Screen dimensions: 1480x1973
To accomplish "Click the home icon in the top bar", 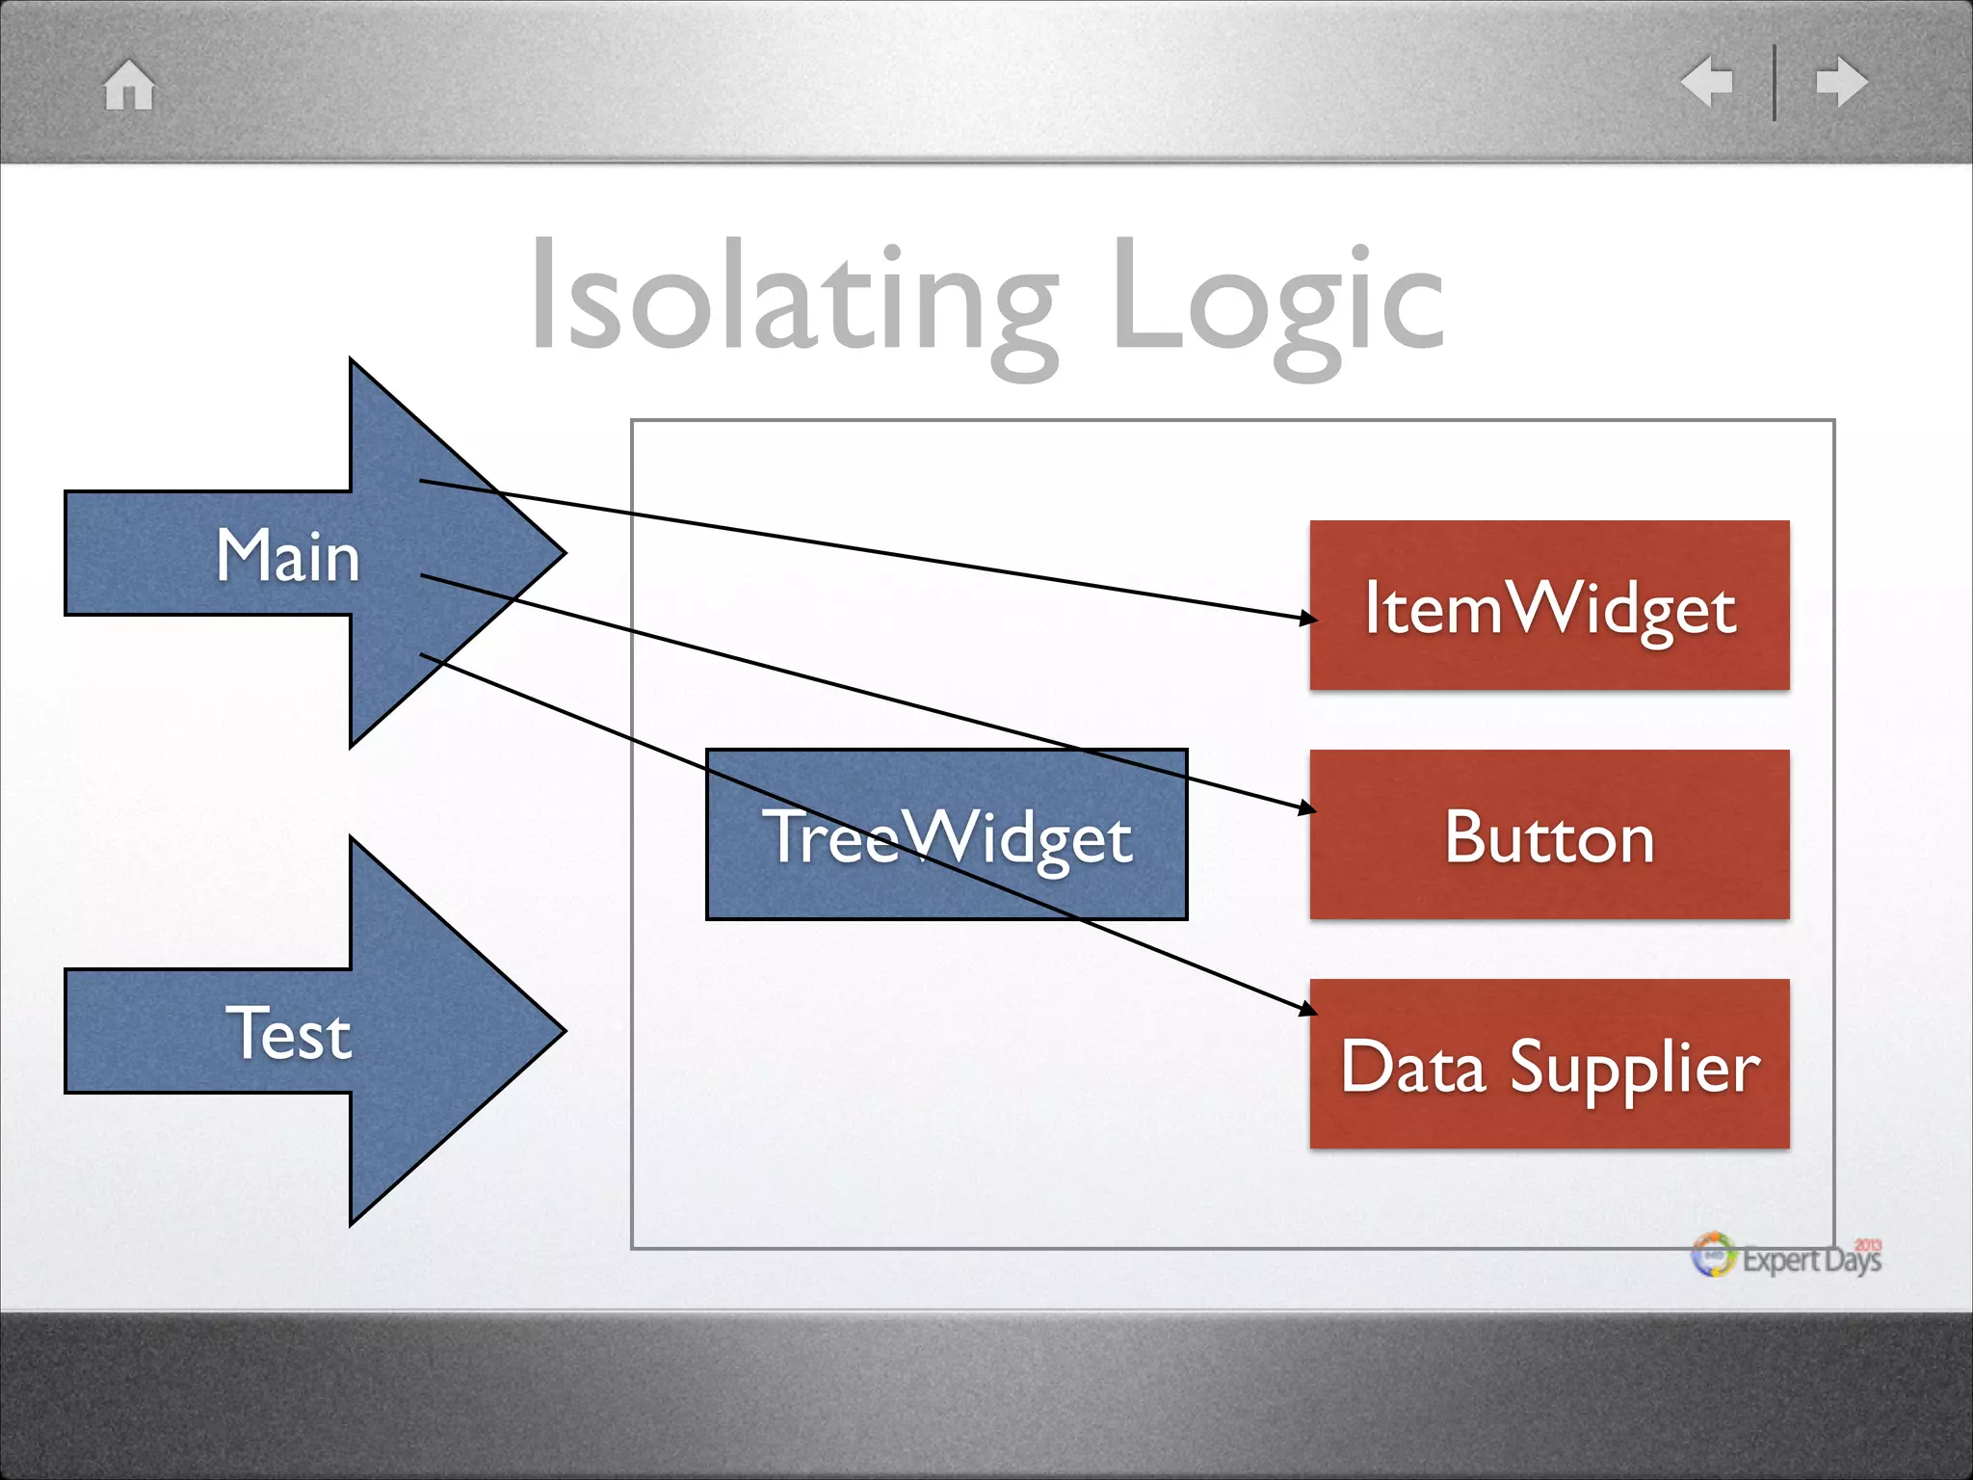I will [x=129, y=85].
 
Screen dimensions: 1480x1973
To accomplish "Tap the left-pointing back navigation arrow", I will [x=1706, y=82].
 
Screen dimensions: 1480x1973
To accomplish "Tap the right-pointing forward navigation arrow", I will [x=1841, y=82].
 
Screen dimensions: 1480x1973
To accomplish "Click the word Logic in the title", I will [x=1276, y=299].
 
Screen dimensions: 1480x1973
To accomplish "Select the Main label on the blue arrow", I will [x=287, y=556].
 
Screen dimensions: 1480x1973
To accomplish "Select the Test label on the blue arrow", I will [x=288, y=1033].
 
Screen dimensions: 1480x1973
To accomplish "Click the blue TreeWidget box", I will [x=946, y=834].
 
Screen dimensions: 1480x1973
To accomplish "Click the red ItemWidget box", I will [x=1549, y=605].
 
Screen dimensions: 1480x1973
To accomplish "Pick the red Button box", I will [x=1549, y=834].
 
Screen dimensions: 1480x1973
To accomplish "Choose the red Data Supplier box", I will [x=1549, y=1064].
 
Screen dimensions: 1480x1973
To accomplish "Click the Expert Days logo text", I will [x=1810, y=1259].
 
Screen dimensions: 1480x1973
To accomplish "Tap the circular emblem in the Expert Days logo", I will [x=1713, y=1255].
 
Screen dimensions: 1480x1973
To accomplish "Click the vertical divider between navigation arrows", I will [x=1774, y=82].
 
